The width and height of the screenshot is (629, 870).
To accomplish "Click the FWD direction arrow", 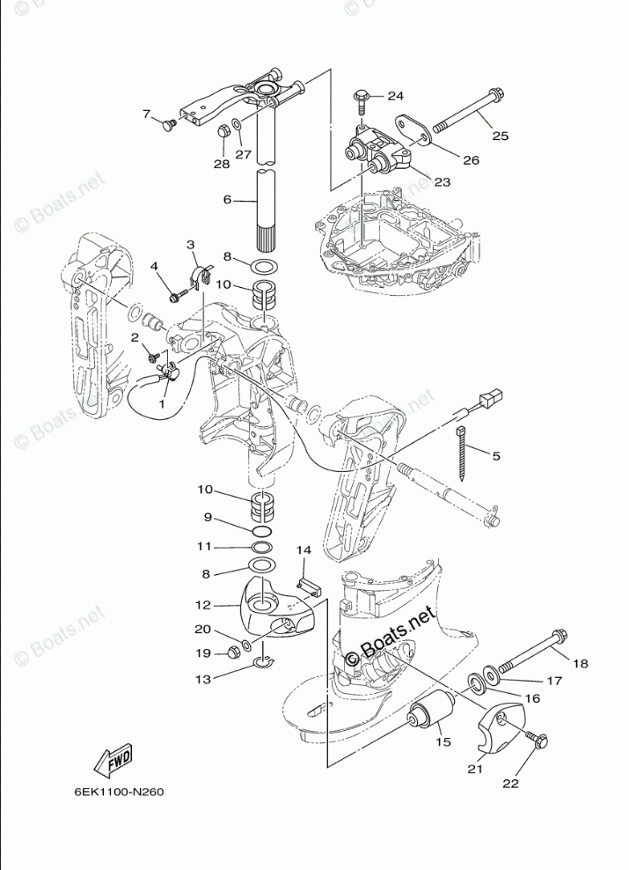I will click(113, 761).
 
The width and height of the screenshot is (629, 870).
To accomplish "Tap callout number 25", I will click(501, 136).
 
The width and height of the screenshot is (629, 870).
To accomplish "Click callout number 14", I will click(304, 550).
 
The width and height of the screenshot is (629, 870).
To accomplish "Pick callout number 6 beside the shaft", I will click(227, 200).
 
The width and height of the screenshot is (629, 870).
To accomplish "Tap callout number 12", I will click(203, 606).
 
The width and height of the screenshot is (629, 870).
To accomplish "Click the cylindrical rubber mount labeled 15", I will click(432, 708).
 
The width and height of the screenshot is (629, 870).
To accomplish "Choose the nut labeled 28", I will click(223, 132).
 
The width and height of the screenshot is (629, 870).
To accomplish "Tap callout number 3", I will click(190, 244).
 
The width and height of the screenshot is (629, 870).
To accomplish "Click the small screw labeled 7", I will click(167, 126).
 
